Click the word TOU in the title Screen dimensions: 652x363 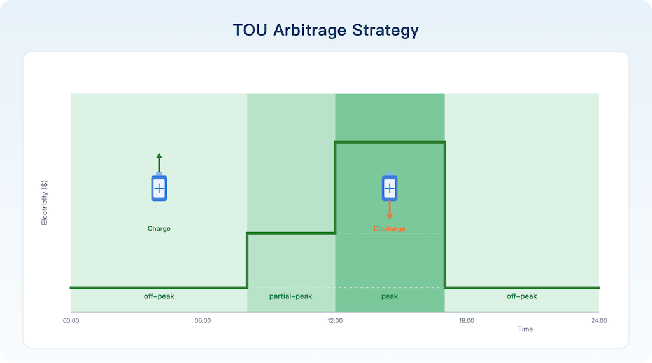[250, 30]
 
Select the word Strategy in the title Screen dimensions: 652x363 [385, 31]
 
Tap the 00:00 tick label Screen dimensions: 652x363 [71, 320]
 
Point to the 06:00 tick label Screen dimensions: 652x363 [202, 320]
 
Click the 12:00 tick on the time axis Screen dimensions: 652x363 [335, 320]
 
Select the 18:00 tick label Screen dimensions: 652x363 [467, 320]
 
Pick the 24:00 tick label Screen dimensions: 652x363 [599, 320]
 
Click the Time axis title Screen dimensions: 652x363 [525, 329]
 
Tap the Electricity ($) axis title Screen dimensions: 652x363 [45, 203]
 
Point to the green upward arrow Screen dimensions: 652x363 [159, 162]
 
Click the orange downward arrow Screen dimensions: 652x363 [390, 210]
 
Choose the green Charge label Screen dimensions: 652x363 [159, 228]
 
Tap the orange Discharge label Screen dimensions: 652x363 [390, 228]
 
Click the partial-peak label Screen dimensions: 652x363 [290, 296]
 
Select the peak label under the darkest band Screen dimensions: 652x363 [390, 296]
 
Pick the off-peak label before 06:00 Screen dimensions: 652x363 [159, 296]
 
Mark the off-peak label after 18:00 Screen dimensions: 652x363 [522, 296]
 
